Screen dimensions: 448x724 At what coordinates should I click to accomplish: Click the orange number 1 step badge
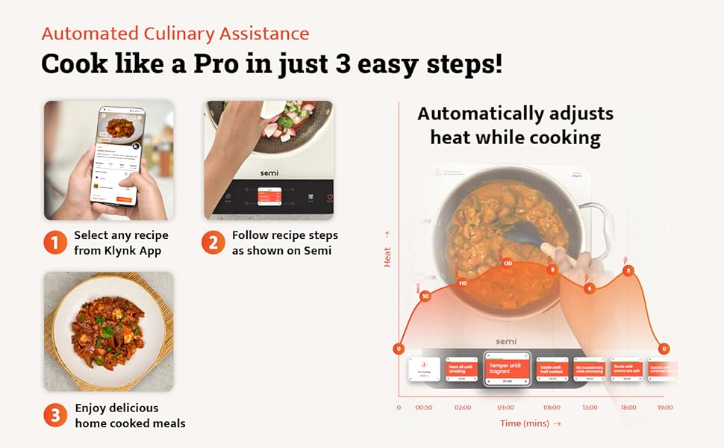(x=55, y=243)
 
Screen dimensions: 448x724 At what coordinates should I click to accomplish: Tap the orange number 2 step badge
(x=213, y=243)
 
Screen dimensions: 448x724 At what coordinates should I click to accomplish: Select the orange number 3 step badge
(x=55, y=416)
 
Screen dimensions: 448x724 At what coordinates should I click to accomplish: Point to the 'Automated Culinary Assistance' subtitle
(x=175, y=34)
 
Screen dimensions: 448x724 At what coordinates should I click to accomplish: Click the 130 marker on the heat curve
(x=508, y=264)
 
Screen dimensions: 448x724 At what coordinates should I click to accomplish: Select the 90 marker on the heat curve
(x=425, y=296)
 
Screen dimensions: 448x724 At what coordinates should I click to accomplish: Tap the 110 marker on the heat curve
(x=462, y=283)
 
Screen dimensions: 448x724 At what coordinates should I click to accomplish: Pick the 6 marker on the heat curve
(x=590, y=288)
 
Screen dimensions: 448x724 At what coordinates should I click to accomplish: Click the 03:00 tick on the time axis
(x=506, y=408)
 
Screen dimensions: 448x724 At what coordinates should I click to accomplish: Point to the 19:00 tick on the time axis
(x=664, y=408)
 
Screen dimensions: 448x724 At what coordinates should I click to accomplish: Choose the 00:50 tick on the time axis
(x=424, y=408)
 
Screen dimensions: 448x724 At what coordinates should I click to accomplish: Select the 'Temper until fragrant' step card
(x=508, y=369)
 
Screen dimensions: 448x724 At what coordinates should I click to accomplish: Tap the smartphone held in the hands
(x=121, y=157)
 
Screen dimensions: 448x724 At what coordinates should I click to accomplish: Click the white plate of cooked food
(x=108, y=331)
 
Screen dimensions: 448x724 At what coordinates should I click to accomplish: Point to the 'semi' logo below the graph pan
(x=507, y=340)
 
